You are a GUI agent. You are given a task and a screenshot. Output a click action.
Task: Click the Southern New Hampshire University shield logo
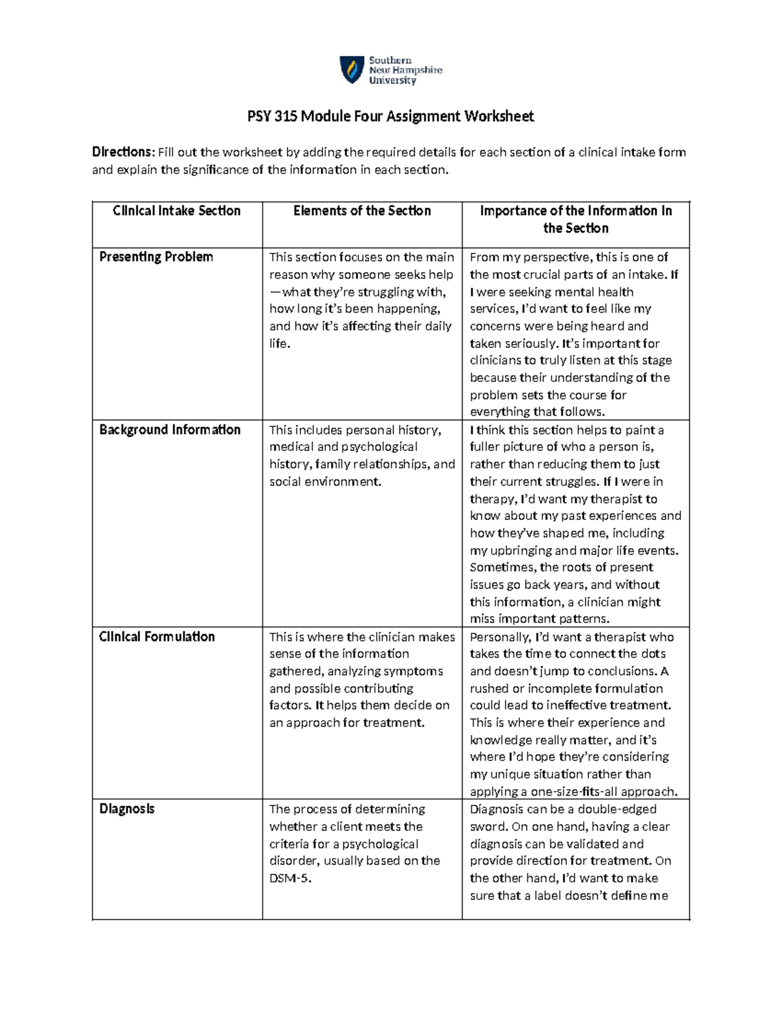click(352, 70)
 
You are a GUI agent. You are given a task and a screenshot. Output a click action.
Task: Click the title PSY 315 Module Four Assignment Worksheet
click(390, 117)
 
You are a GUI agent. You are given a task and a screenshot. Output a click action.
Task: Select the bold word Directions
click(123, 152)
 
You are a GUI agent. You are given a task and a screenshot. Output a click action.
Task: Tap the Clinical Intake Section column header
click(177, 211)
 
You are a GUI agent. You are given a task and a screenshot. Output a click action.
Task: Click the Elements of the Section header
click(362, 211)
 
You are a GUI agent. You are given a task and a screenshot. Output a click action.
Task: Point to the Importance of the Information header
click(575, 220)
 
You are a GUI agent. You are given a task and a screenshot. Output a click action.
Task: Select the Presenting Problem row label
click(156, 257)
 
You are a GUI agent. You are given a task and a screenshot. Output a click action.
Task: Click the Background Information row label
click(169, 430)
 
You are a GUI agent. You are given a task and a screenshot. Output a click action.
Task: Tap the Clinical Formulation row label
click(156, 637)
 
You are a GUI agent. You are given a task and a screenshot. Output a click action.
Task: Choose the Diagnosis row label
click(126, 809)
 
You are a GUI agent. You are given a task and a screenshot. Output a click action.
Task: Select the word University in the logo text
click(392, 81)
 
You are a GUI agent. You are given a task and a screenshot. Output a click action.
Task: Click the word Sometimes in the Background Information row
click(502, 568)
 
